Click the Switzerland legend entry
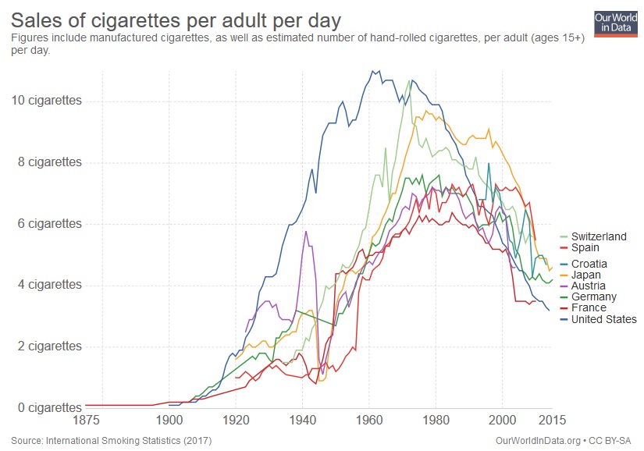click(598, 236)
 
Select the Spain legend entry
click(585, 247)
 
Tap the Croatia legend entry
click(589, 264)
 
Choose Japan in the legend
click(585, 275)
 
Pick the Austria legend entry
click(588, 286)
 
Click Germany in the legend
click(593, 297)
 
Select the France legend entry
click(589, 307)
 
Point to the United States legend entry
click(603, 318)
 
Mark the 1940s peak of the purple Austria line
click(306, 232)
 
